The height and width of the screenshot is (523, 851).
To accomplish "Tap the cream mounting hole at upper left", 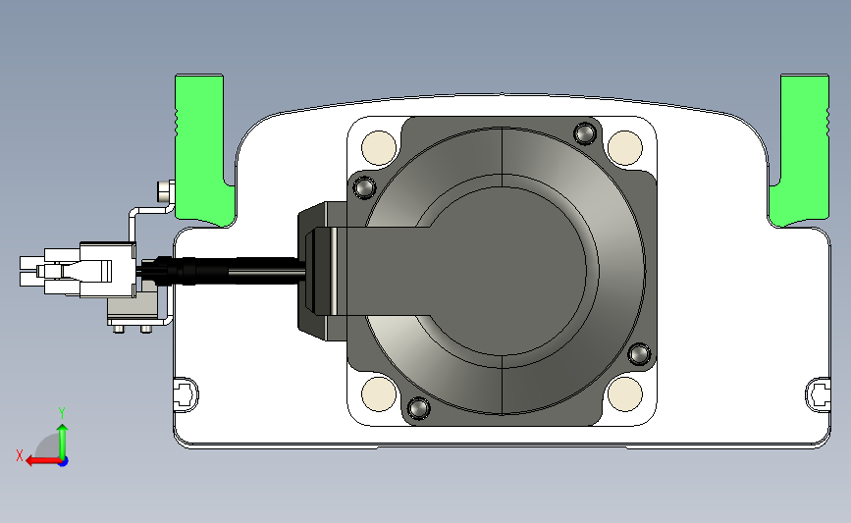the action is point(379,147).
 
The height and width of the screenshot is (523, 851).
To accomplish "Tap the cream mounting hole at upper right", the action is point(625,147).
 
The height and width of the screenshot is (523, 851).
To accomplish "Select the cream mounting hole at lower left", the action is point(379,393).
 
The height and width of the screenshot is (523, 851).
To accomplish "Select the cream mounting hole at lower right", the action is point(625,393).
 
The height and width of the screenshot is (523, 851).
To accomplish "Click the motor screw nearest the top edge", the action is point(585,132).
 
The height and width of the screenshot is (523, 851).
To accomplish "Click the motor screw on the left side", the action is point(363,187).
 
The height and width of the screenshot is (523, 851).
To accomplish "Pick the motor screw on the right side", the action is point(639,353).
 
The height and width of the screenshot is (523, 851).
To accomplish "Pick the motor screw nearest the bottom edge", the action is point(418,407).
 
